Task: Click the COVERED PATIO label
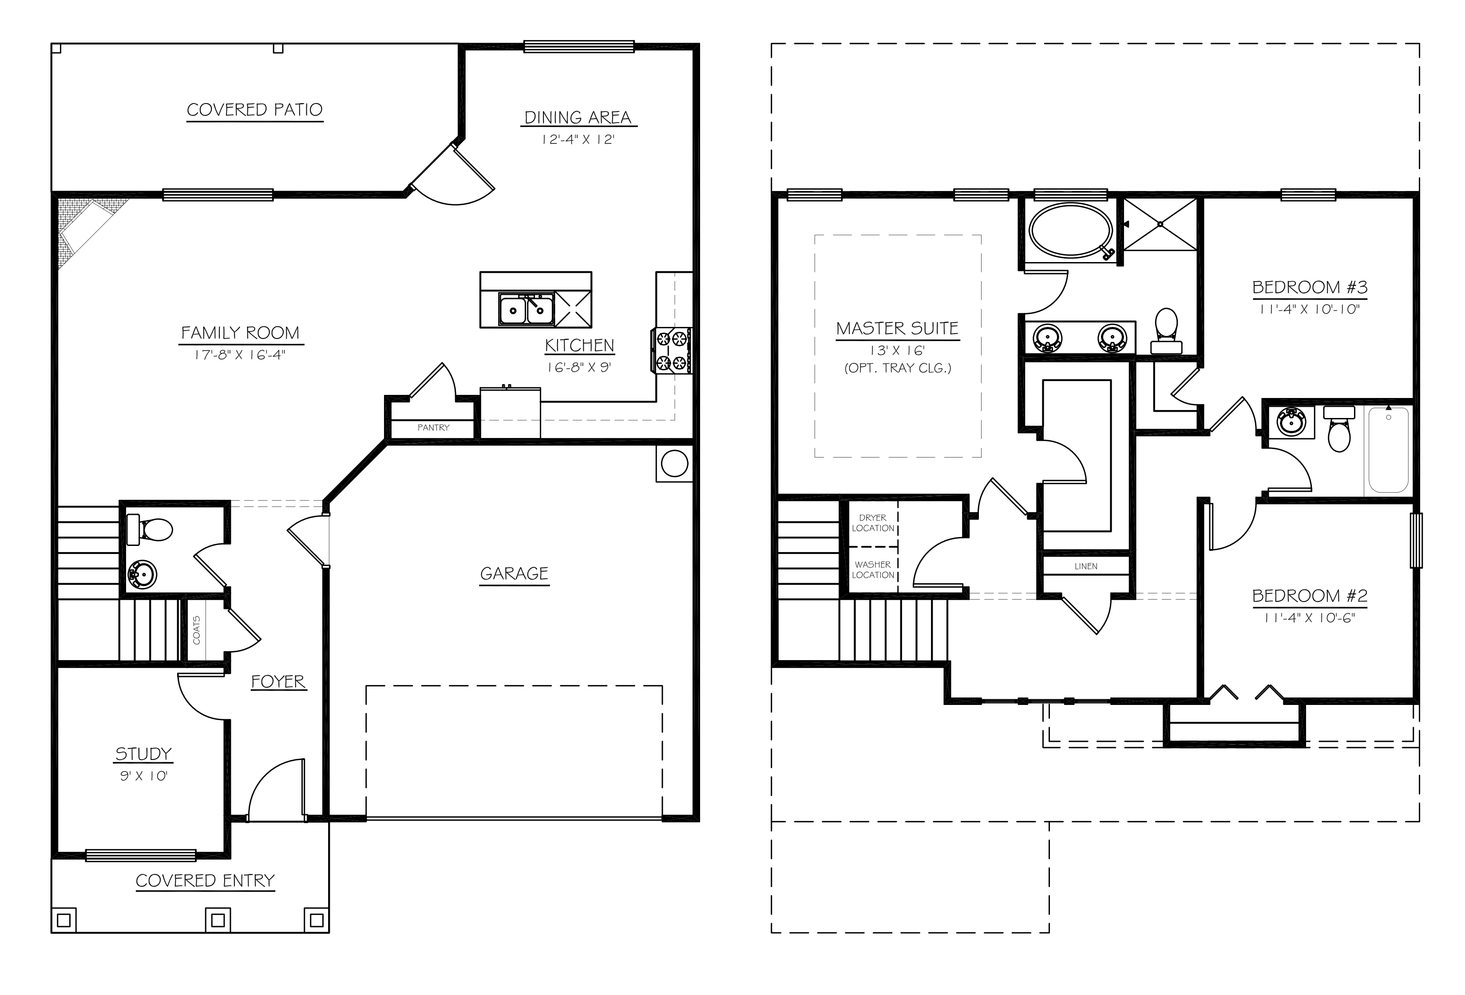coord(255,110)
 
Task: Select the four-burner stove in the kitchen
coord(671,350)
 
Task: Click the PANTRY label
coord(433,427)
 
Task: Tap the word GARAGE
coord(514,574)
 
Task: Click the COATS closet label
coord(197,629)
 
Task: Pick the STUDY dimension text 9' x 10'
coord(144,776)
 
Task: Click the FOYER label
coord(278,681)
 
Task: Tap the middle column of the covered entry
coord(218,920)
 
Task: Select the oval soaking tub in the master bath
coord(1070,230)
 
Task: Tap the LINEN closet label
coord(1085,566)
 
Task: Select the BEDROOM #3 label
coord(1309,287)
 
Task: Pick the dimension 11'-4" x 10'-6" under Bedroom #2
coord(1309,618)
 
